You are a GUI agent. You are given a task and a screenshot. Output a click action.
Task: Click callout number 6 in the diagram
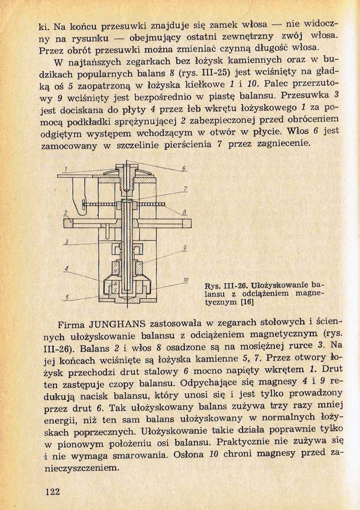184,169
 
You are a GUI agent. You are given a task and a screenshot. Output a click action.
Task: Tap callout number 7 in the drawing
185,189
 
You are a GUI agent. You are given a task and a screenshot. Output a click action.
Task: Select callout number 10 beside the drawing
186,280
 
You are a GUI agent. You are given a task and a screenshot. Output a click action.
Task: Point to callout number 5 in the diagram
67,297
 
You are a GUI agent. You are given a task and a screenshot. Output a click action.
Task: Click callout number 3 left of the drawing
67,242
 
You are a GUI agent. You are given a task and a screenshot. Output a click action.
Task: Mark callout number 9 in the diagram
185,248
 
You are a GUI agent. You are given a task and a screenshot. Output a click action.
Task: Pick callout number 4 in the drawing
67,269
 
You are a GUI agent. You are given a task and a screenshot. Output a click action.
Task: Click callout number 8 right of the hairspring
185,212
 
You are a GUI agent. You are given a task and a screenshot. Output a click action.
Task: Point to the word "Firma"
71,325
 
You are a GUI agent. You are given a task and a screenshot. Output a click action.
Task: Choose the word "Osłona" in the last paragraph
189,455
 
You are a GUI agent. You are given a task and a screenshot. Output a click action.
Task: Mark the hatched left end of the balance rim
68,223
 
